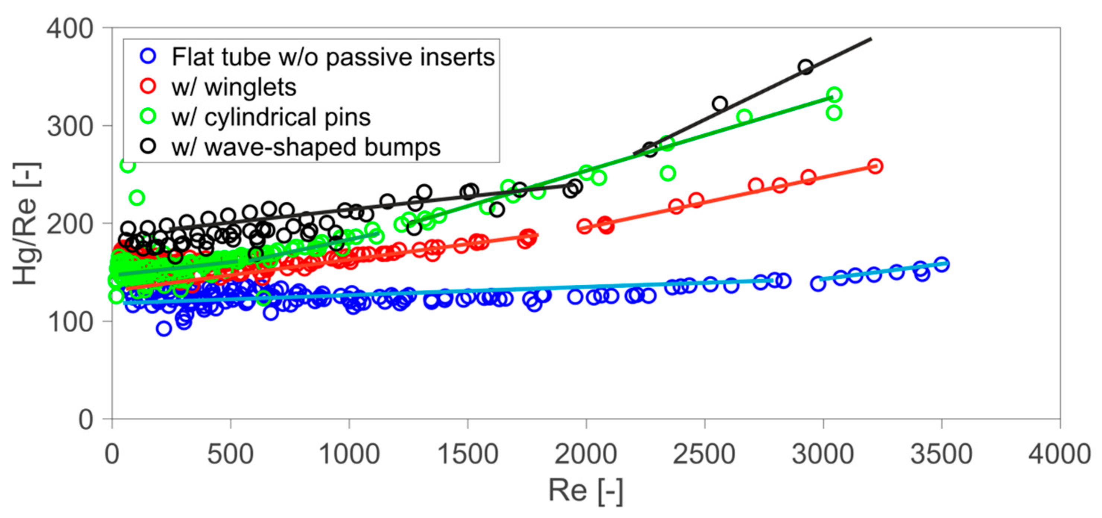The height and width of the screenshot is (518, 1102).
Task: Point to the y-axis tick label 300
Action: point(70,127)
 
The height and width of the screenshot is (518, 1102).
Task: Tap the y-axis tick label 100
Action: point(70,322)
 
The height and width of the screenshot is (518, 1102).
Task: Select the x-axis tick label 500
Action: point(230,454)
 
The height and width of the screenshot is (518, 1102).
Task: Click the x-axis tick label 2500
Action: point(704,454)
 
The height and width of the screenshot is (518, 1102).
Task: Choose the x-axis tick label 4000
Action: point(1059,454)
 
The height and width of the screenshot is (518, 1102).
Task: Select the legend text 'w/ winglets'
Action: point(234,87)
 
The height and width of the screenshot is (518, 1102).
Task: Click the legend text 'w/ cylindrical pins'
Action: point(271,117)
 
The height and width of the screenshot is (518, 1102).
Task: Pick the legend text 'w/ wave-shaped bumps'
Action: point(306,147)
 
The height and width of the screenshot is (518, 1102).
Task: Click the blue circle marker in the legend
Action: point(148,56)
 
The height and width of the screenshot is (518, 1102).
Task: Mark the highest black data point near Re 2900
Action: point(805,67)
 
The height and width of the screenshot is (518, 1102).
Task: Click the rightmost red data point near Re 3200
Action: point(875,166)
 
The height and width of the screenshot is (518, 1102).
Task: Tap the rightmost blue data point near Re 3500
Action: point(941,264)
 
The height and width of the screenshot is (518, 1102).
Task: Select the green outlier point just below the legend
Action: point(127,165)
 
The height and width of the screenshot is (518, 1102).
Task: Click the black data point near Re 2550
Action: point(719,104)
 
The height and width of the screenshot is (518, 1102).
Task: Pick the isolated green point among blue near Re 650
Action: point(264,298)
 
